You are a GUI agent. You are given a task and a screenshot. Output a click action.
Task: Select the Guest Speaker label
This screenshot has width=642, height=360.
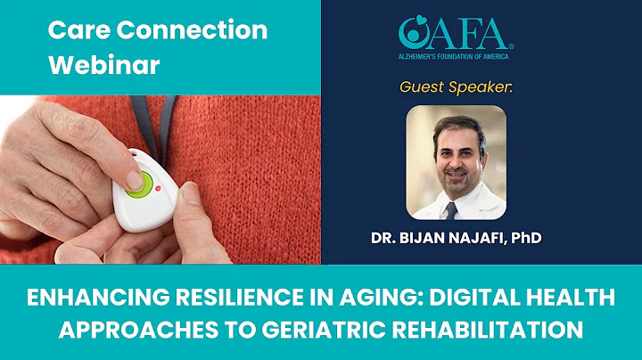[456, 87]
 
